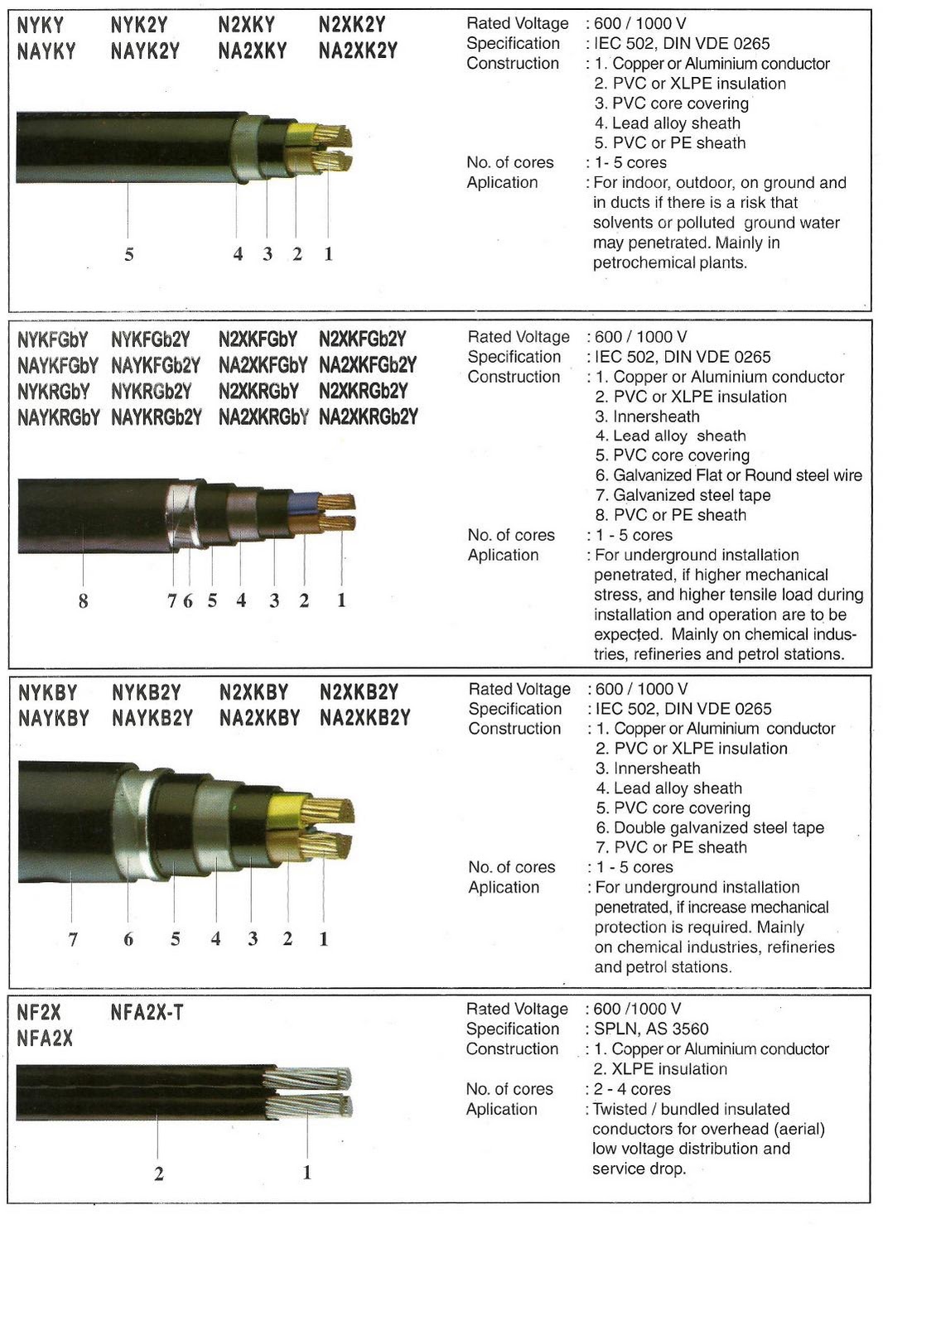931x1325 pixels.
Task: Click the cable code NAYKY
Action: [46, 51]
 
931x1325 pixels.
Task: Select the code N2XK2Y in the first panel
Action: [352, 25]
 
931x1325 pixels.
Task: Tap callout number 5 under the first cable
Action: [128, 254]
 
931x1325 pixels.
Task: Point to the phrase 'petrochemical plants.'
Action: [670, 263]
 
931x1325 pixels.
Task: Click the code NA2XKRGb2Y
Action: [369, 417]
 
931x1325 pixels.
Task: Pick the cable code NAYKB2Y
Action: [152, 718]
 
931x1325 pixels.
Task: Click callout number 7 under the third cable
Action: [73, 939]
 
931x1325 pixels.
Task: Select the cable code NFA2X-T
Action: [147, 1012]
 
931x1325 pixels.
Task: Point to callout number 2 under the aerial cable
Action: [158, 1173]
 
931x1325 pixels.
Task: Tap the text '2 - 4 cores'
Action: [632, 1090]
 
